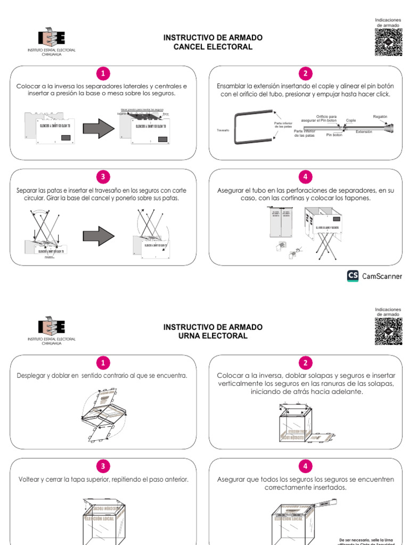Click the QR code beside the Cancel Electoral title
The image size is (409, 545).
[x=388, y=42]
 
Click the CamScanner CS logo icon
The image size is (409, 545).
[x=353, y=276]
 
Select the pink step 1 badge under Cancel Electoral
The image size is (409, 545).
[x=103, y=73]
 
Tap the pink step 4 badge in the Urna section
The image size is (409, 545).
[x=305, y=467]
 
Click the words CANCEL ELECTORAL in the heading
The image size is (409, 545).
[x=212, y=47]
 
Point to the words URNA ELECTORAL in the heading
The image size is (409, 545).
[x=212, y=336]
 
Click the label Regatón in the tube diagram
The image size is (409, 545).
[x=380, y=116]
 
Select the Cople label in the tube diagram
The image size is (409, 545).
[x=351, y=120]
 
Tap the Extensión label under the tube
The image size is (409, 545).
[x=364, y=131]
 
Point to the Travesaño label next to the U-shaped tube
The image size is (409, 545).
[x=223, y=130]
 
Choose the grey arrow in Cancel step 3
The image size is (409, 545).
[x=99, y=235]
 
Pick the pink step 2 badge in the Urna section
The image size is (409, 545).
[x=305, y=363]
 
